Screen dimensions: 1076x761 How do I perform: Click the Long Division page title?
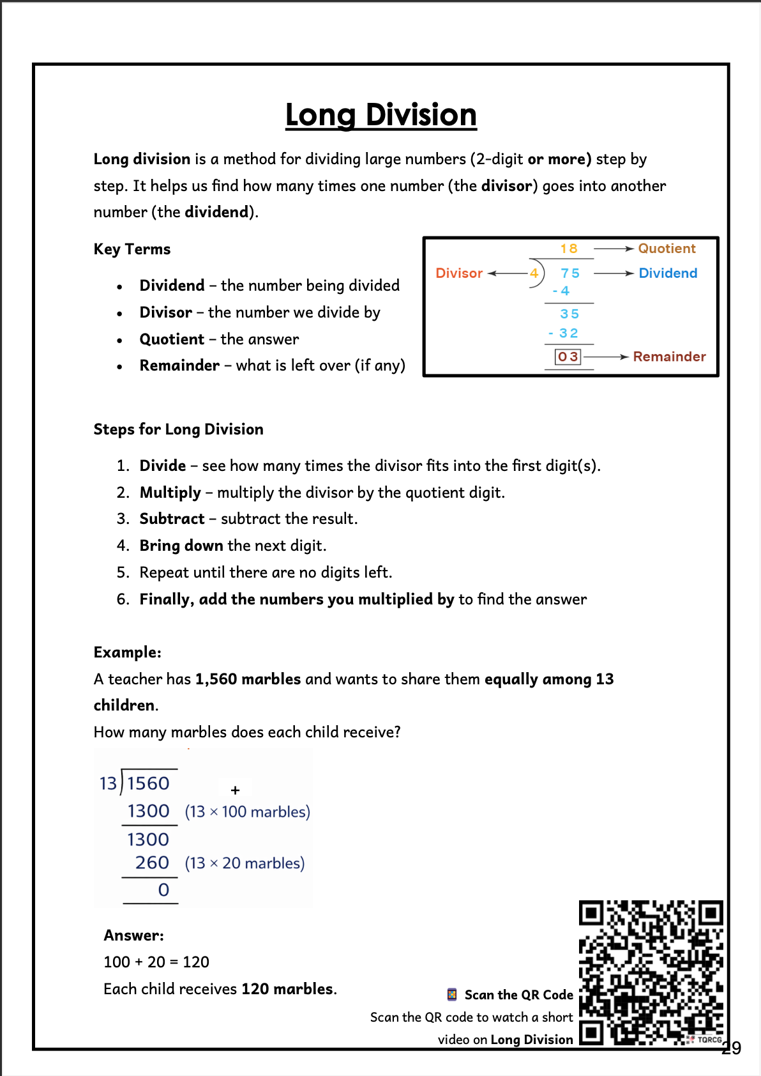pos(380,115)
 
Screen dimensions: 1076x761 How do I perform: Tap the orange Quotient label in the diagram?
pos(667,249)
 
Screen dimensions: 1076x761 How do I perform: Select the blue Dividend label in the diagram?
pos(668,273)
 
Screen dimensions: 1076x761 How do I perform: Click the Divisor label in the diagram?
pos(459,273)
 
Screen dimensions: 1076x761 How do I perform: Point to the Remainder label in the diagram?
pos(669,357)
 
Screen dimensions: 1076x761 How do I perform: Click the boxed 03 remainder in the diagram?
pos(568,357)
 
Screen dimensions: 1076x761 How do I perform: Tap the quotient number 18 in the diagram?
pos(569,249)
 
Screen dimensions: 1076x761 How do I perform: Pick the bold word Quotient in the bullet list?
pos(172,339)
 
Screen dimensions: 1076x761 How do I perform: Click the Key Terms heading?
pos(132,249)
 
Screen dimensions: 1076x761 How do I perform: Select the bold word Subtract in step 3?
pos(172,519)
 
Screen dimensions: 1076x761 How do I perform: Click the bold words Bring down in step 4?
pos(181,546)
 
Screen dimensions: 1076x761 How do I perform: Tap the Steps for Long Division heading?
pos(178,429)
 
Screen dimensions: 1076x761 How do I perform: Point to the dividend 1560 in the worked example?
pos(148,783)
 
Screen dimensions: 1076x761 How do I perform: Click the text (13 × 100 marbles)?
pos(247,812)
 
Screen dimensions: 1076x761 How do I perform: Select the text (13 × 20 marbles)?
pos(245,863)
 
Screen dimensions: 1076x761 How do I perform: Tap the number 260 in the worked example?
pos(152,863)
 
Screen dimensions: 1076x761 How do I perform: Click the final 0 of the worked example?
pos(163,890)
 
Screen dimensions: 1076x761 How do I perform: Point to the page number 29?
pos(731,1048)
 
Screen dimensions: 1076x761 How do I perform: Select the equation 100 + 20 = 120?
pos(156,962)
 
